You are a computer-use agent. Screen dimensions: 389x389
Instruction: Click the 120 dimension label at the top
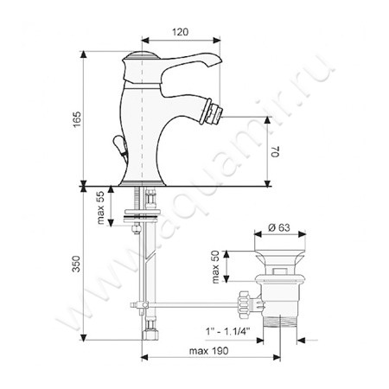pyautogui.click(x=181, y=32)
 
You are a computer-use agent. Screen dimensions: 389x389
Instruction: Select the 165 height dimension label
pyautogui.click(x=77, y=119)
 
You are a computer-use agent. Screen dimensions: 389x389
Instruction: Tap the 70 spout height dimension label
pyautogui.click(x=276, y=152)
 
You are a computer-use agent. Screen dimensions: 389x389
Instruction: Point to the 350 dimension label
pyautogui.click(x=76, y=264)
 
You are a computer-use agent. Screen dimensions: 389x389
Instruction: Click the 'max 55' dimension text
pyautogui.click(x=101, y=207)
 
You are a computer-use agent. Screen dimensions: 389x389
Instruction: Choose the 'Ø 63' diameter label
pyautogui.click(x=279, y=227)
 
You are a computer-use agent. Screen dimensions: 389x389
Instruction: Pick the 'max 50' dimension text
pyautogui.click(x=215, y=266)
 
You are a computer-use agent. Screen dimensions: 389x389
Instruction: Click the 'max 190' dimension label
pyautogui.click(x=208, y=351)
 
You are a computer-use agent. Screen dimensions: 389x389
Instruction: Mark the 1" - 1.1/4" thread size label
pyautogui.click(x=227, y=331)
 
